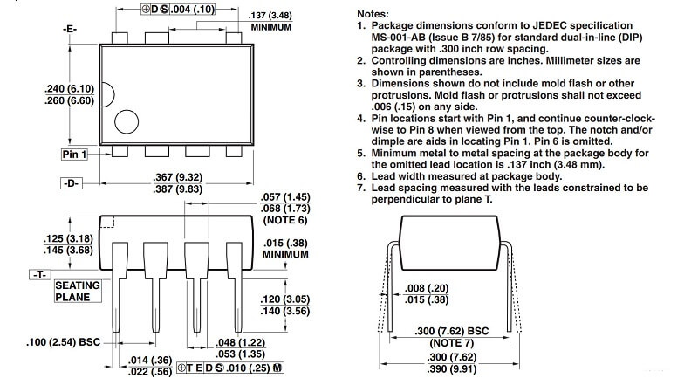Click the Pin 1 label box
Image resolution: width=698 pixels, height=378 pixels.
pos(75,155)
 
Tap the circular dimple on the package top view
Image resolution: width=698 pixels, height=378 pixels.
pos(127,123)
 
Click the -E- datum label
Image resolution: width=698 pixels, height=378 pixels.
pos(71,30)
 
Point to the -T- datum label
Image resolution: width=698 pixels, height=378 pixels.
pos(38,274)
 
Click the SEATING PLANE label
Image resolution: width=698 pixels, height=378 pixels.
pos(78,291)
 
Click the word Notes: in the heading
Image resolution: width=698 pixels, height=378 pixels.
pos(380,15)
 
